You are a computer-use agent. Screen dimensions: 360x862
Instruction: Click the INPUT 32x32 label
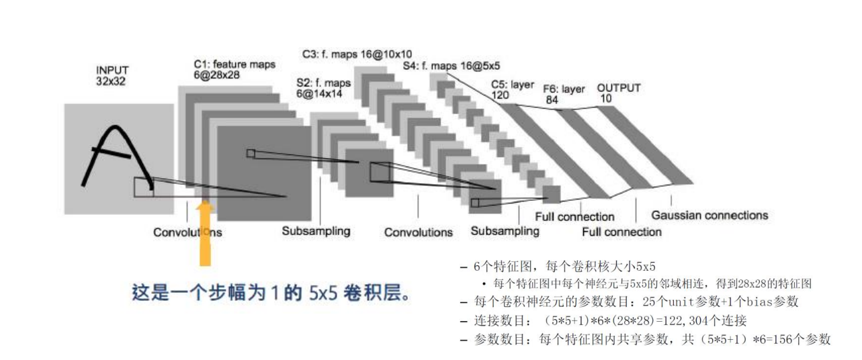click(x=113, y=75)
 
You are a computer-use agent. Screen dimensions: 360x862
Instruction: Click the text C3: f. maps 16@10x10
click(x=357, y=54)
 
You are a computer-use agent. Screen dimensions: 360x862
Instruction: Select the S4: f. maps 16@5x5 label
click(x=451, y=66)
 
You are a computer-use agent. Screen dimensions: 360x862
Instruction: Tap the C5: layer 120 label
click(x=513, y=90)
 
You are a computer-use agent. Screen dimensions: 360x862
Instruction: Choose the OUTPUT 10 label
click(x=619, y=93)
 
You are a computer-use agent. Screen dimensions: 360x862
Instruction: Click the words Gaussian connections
click(x=709, y=216)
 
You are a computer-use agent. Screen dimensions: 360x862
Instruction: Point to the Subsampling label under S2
click(x=316, y=231)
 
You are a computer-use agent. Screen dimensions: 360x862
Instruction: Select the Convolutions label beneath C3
click(x=419, y=232)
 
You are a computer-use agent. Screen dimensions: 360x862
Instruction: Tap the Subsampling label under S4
click(x=505, y=231)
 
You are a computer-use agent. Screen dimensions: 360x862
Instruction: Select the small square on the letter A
click(x=143, y=187)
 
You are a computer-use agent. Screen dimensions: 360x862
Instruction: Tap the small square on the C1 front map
click(x=251, y=153)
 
